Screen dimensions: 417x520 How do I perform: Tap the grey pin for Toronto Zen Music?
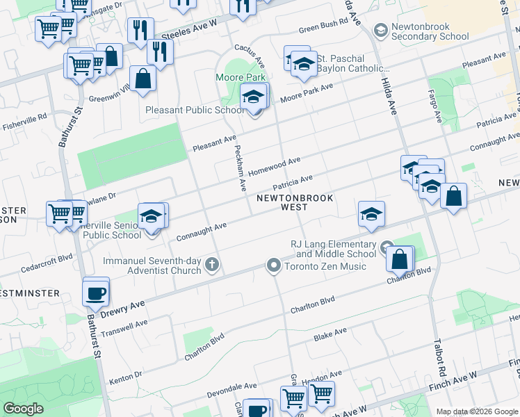274,265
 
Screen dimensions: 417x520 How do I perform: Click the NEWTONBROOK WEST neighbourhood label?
295,202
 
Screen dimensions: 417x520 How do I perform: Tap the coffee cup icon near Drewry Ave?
95,293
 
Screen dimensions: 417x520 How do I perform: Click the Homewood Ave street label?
274,165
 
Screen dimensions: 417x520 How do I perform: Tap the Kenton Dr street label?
125,378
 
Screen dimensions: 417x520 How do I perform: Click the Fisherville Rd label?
24,117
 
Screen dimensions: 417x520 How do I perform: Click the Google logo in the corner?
23,408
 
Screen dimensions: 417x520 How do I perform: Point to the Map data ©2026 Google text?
477,411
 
